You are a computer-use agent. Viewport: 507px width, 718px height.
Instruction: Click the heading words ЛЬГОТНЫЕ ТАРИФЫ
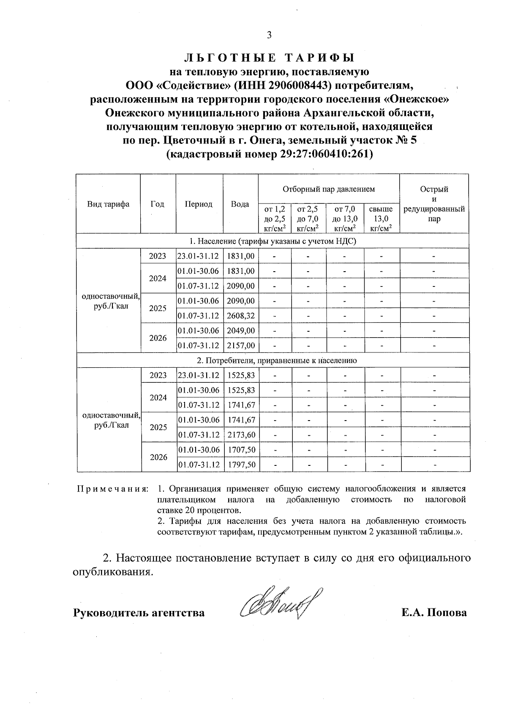(x=269, y=58)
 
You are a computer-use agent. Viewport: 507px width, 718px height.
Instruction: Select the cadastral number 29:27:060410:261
(x=326, y=154)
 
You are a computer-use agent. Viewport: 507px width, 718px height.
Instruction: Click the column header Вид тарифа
(x=108, y=204)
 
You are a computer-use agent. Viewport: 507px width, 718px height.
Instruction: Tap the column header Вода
(x=240, y=204)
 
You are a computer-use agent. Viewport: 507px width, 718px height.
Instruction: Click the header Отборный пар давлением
(x=328, y=189)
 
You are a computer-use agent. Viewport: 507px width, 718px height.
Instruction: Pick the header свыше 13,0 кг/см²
(x=381, y=219)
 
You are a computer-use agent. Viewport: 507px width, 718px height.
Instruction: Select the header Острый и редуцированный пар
(x=434, y=204)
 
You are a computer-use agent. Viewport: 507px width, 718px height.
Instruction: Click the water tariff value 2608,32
(x=241, y=316)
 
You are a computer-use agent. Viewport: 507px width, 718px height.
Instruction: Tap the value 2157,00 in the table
(x=241, y=346)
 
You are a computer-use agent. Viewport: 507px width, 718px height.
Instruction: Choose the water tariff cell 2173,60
(x=241, y=435)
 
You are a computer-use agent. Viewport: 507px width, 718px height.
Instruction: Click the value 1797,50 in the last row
(x=241, y=465)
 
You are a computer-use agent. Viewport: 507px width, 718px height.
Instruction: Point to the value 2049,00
(x=241, y=330)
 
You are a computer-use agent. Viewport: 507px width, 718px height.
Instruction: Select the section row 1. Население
(x=273, y=241)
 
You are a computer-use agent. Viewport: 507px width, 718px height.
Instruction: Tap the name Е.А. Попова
(x=434, y=613)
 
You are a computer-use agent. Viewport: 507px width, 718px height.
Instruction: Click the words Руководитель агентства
(x=139, y=613)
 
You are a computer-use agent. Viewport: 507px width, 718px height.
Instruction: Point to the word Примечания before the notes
(x=112, y=489)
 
